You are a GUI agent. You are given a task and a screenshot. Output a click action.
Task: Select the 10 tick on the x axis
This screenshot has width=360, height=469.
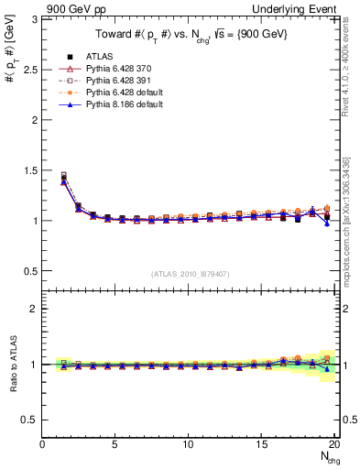188,444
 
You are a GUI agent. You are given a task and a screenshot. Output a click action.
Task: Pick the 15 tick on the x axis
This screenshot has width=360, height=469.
261,444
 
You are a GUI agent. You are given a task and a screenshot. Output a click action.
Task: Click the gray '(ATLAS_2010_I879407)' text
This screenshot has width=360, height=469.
190,274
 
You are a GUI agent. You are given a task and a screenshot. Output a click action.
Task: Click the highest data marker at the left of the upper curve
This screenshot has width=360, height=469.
63,175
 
